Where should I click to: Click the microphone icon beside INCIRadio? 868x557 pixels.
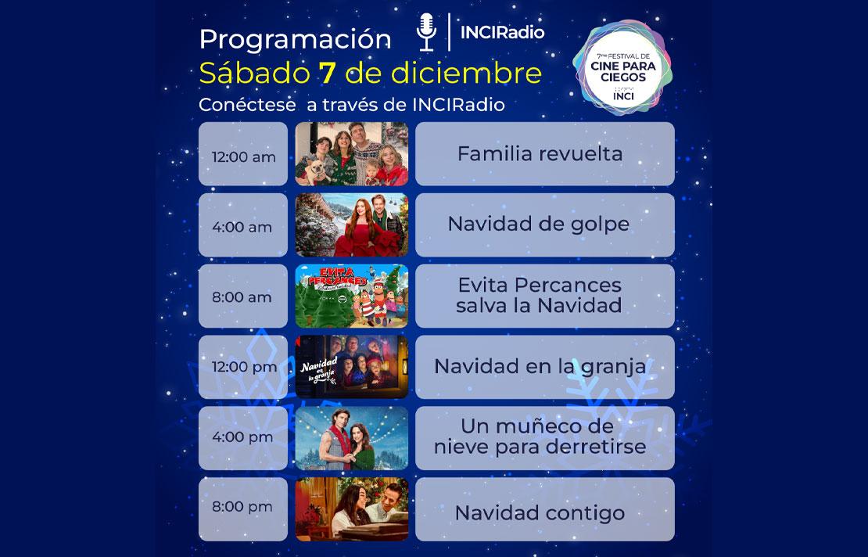(x=426, y=32)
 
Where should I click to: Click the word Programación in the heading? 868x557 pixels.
(x=295, y=39)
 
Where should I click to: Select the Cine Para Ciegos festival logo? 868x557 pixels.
(x=622, y=68)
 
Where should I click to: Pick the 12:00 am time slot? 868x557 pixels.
(x=243, y=156)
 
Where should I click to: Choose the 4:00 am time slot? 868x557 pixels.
(x=243, y=227)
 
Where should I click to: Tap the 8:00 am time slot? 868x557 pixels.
(x=243, y=297)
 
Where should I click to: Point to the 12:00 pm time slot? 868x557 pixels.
(x=243, y=367)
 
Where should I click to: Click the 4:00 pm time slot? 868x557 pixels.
(x=243, y=437)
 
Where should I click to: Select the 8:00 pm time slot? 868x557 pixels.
(x=243, y=506)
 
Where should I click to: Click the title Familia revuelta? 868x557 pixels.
(x=540, y=153)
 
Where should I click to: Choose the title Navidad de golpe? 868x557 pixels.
(x=538, y=224)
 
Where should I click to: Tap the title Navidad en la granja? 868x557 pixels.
(x=540, y=366)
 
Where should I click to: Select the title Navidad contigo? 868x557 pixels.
(x=540, y=513)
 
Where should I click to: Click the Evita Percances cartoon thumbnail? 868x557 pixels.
(x=352, y=296)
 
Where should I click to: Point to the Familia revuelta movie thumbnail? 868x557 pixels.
(x=352, y=154)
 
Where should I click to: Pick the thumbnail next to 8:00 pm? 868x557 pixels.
(x=352, y=509)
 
